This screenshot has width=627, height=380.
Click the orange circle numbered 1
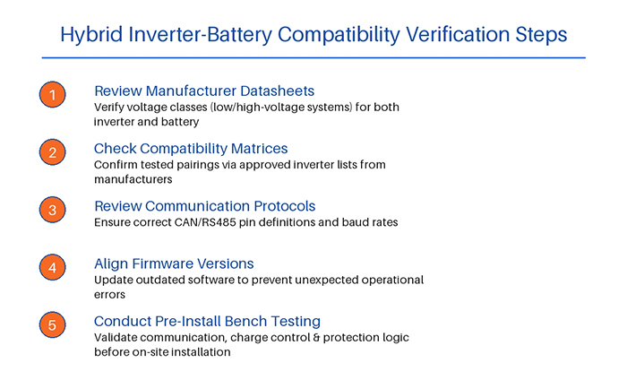(53, 94)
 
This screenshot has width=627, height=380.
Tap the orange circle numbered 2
(53, 152)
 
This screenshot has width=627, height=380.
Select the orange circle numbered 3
(53, 210)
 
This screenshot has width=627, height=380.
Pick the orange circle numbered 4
(53, 267)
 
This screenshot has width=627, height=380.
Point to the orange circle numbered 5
(53, 324)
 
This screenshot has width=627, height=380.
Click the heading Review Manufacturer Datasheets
(204, 91)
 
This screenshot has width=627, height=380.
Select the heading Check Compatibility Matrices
(191, 148)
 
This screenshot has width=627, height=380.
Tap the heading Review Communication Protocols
(204, 206)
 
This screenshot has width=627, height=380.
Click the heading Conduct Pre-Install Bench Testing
(207, 321)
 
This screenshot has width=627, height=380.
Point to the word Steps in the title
(539, 35)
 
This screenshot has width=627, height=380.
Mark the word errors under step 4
(112, 293)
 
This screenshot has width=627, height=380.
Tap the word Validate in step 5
(117, 338)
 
